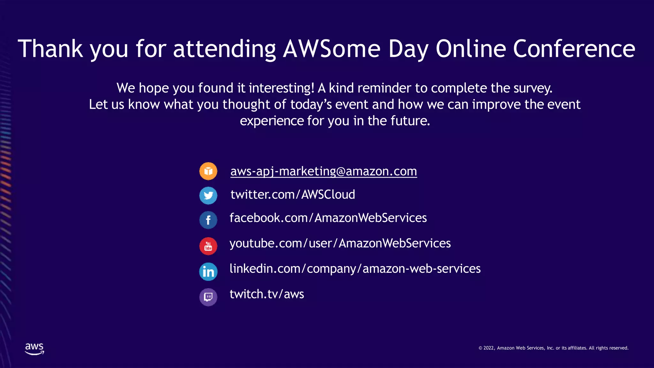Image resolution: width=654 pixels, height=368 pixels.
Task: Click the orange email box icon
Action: pos(208,171)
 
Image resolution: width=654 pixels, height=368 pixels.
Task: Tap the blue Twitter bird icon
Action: pos(208,195)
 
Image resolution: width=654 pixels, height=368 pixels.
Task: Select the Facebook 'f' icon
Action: pos(208,220)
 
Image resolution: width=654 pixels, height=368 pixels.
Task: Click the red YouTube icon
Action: pos(208,246)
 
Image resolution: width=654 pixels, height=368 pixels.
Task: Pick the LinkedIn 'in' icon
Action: pos(208,272)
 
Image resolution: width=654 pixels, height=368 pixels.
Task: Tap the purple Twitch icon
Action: pos(208,297)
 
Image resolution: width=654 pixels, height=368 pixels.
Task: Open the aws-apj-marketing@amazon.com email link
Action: pos(323,172)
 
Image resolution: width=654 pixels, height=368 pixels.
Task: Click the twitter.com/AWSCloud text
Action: pos(293,195)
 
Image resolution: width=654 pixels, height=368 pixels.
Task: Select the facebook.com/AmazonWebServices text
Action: pos(328,218)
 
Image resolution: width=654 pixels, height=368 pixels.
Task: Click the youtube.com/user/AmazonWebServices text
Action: pos(340,243)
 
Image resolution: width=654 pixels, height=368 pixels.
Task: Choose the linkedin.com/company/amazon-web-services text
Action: pos(355,269)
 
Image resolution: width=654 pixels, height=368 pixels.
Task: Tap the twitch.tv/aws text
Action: pos(267,294)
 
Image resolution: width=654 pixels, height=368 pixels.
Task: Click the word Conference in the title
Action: pos(574,49)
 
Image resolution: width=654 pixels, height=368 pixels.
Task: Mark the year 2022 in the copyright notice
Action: pos(489,348)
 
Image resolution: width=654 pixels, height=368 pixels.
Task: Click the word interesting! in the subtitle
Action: pos(281,88)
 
